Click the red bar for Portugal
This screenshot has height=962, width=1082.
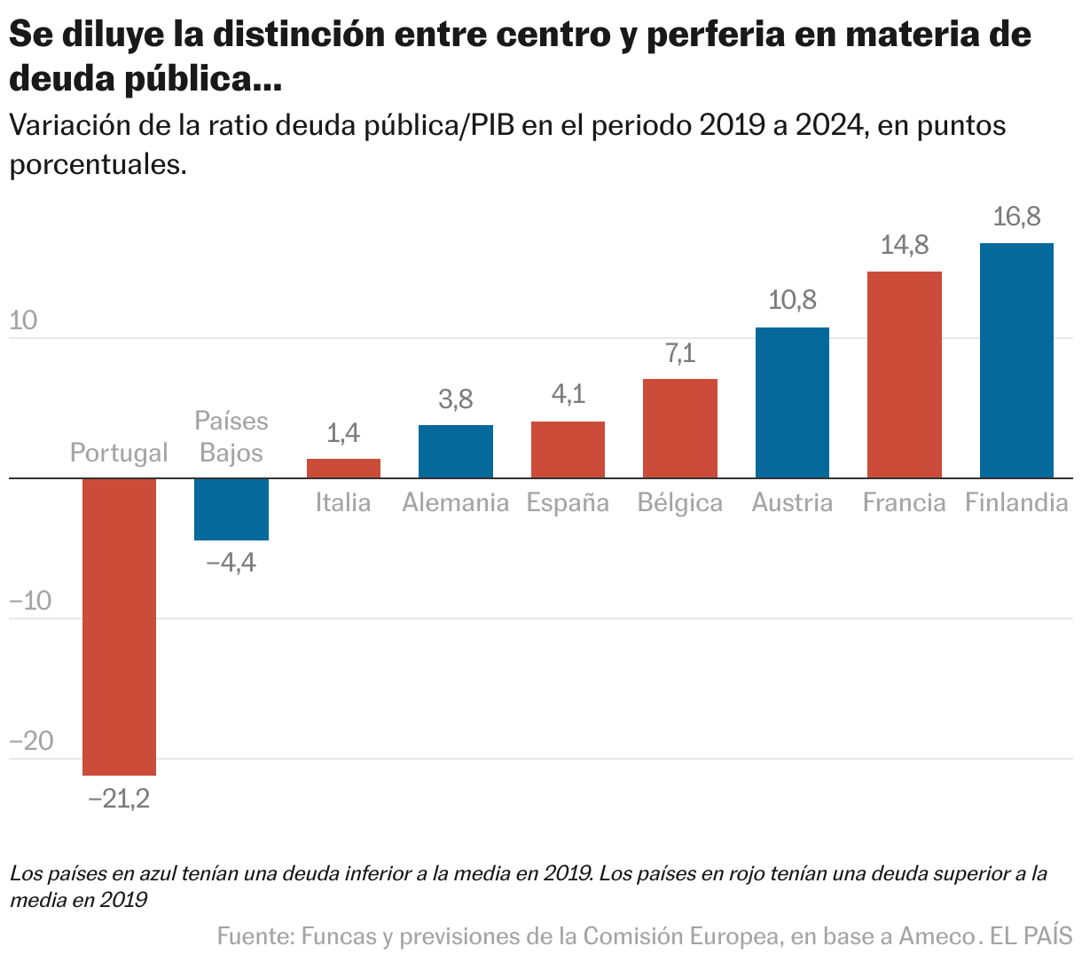pyautogui.click(x=119, y=626)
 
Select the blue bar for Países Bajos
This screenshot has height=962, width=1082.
pyautogui.click(x=231, y=509)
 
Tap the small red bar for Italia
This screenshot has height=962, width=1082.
pyautogui.click(x=343, y=468)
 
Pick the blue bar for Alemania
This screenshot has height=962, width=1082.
pyautogui.click(x=456, y=451)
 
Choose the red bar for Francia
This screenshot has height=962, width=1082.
pyautogui.click(x=904, y=375)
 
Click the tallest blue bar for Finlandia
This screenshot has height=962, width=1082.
pyautogui.click(x=1016, y=360)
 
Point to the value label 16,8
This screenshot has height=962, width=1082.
pyautogui.click(x=1016, y=217)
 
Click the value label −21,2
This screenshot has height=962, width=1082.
pyautogui.click(x=119, y=799)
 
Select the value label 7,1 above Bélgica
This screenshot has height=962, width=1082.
pyautogui.click(x=680, y=354)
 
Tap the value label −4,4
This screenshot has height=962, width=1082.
pyautogui.click(x=231, y=563)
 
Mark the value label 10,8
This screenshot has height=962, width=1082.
pyautogui.click(x=792, y=300)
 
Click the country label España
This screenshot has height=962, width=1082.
pyautogui.click(x=568, y=503)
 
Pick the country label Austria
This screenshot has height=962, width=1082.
pyautogui.click(x=792, y=503)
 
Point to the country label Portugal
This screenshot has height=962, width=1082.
pyautogui.click(x=119, y=453)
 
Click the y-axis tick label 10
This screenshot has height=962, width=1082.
pyautogui.click(x=24, y=320)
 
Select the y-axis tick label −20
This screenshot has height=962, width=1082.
pyautogui.click(x=31, y=741)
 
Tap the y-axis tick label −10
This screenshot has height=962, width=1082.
pyautogui.click(x=31, y=601)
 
